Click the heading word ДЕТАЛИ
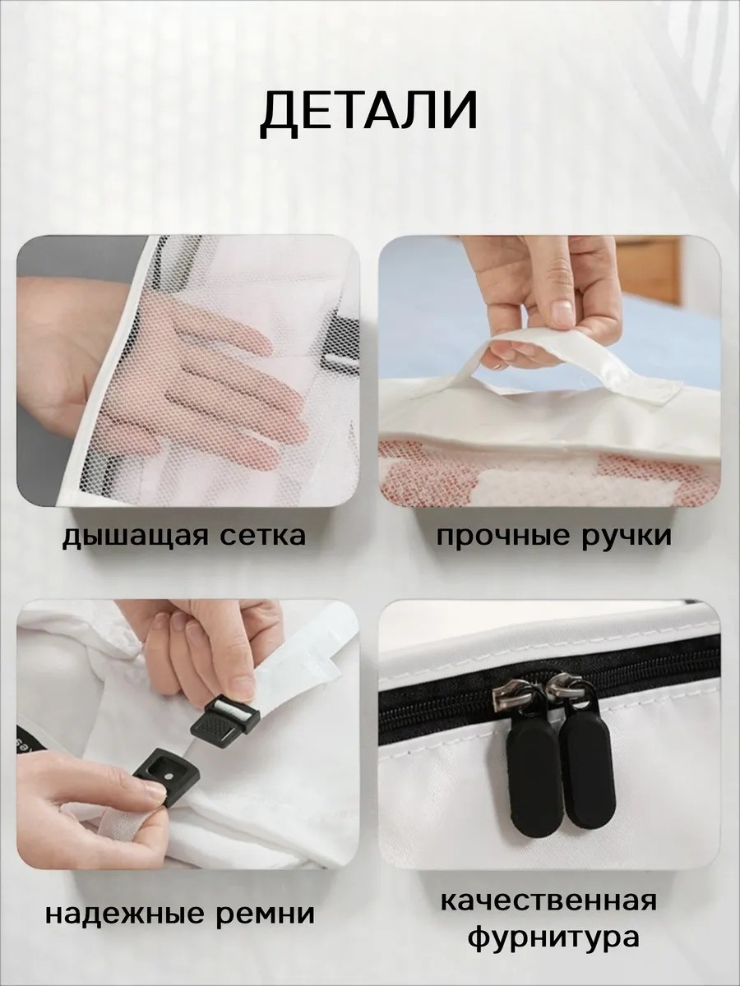368,117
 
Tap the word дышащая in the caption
134,536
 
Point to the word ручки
627,537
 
